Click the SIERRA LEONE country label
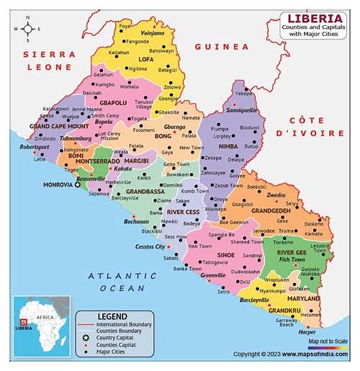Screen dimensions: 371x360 point(48,61)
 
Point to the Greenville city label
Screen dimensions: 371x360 point(213,275)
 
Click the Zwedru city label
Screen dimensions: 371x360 point(276,195)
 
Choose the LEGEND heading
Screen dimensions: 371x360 point(113,316)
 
